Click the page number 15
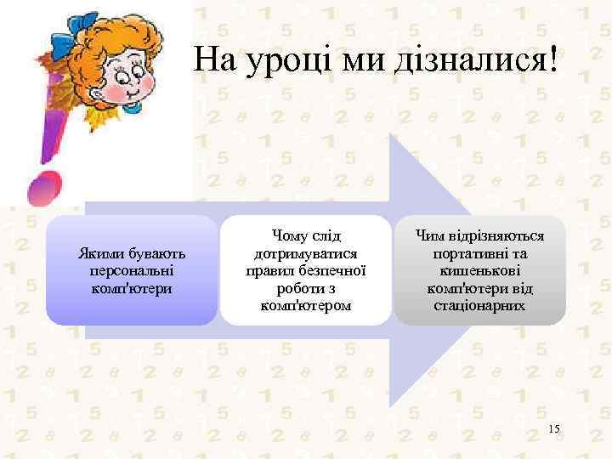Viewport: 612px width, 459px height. (554, 429)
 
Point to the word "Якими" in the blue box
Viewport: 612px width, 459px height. (100, 254)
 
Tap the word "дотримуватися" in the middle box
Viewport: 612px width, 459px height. (305, 253)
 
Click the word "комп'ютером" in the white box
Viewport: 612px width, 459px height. (305, 304)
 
